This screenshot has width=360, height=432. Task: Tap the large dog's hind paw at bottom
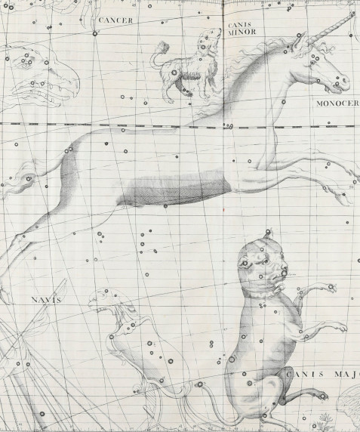tap(322, 395)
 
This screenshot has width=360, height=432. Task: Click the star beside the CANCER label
tap(94, 33)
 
